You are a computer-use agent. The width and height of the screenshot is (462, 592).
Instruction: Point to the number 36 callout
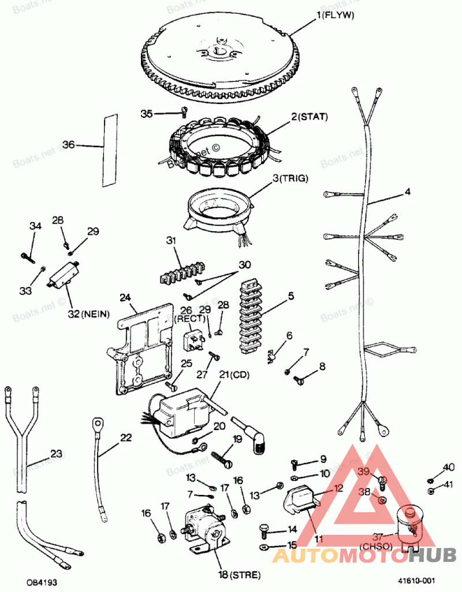click(x=69, y=145)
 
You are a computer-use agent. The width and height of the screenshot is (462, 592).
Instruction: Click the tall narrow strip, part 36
click(x=110, y=150)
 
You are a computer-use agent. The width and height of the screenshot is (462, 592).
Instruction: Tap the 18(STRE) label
click(x=239, y=575)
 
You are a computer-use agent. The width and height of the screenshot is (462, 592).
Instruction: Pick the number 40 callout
click(x=448, y=467)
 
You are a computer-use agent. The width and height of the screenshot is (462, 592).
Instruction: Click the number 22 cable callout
click(x=126, y=438)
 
